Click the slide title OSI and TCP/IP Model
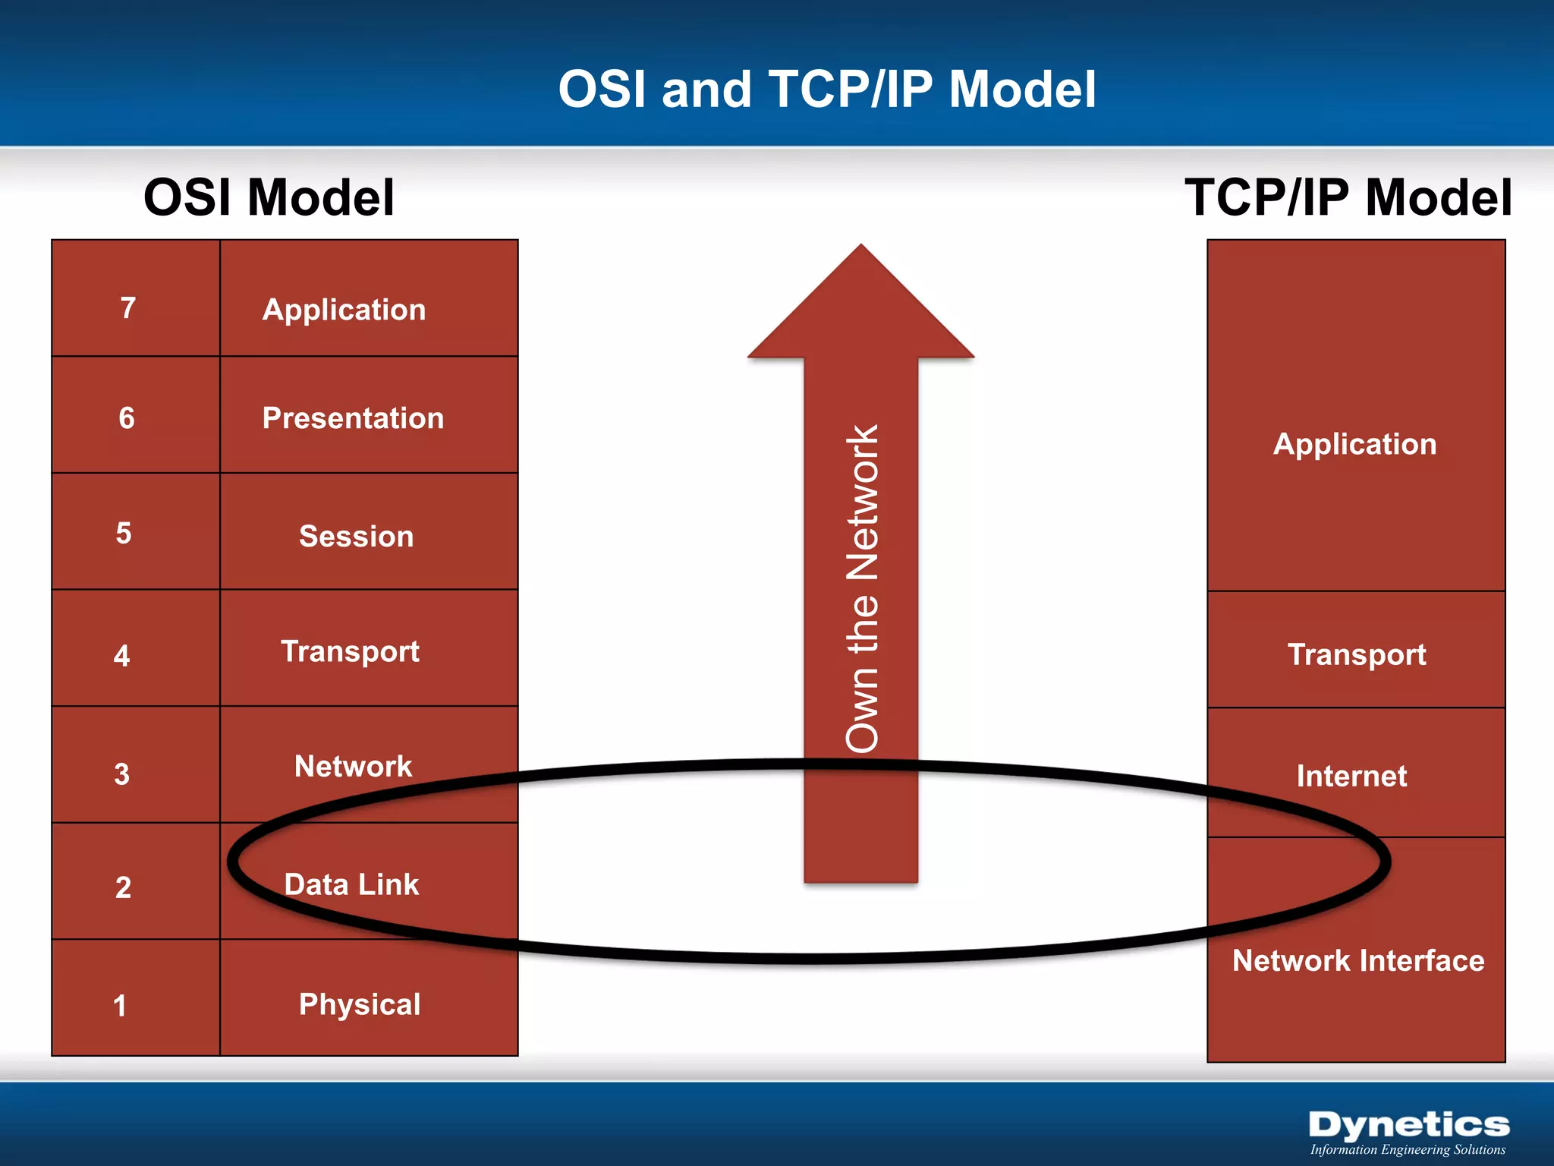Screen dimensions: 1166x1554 tap(827, 90)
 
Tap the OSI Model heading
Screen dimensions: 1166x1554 tap(269, 197)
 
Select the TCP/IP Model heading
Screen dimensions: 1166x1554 tap(1348, 197)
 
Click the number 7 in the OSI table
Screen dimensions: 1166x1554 tap(128, 308)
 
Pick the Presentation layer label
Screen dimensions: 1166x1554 tap(353, 418)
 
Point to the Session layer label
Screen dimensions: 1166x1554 tap(356, 537)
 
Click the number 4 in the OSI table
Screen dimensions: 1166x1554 tap(122, 656)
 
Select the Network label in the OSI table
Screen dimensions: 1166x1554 tap(353, 767)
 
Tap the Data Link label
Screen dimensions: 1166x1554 tap(351, 884)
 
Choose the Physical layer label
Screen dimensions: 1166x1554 tap(360, 1004)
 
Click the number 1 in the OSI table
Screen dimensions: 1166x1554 tap(120, 1006)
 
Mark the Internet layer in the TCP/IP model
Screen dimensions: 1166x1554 tap(1351, 776)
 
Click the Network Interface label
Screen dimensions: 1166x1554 tap(1357, 961)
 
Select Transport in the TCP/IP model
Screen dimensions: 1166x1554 tap(1357, 654)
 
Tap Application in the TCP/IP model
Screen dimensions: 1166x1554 tap(1354, 444)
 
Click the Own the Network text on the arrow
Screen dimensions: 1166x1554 tap(862, 588)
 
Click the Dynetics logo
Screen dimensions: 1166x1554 tap(1408, 1124)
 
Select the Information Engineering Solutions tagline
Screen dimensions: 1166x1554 tap(1408, 1149)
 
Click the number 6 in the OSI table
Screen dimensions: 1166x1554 tap(127, 418)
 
